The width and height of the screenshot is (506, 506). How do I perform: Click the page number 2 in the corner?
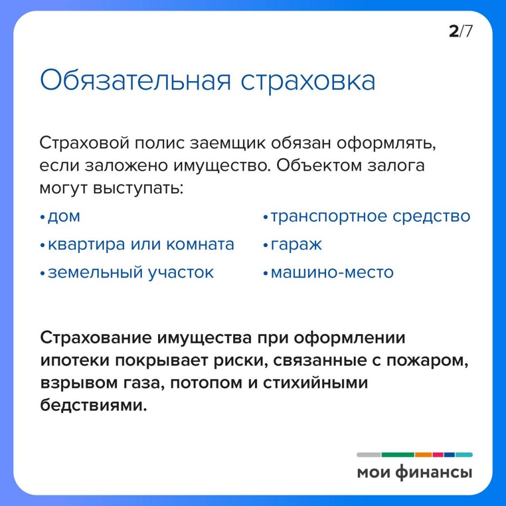(x=454, y=31)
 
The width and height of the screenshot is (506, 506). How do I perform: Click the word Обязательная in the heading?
(x=135, y=80)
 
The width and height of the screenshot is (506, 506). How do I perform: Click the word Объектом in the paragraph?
(x=319, y=166)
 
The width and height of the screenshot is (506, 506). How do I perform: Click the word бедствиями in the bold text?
(x=93, y=405)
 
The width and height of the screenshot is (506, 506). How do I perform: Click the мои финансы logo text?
(x=415, y=472)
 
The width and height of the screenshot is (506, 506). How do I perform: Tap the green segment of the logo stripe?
(x=398, y=455)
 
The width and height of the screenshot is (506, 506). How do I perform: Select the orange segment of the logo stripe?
(x=423, y=455)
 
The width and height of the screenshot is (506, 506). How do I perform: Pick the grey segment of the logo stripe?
(x=369, y=455)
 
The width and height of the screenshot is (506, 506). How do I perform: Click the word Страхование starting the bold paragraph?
(x=96, y=338)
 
